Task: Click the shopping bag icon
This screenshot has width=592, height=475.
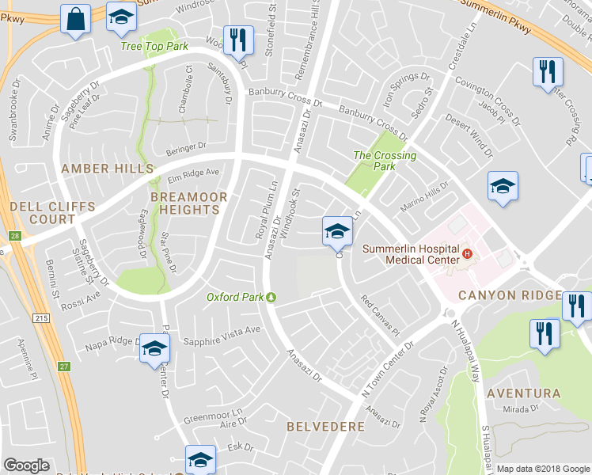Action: point(76,21)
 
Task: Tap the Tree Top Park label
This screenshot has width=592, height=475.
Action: point(154,47)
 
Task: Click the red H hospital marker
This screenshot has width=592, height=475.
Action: point(468,254)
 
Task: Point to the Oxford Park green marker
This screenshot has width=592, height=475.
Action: point(271,298)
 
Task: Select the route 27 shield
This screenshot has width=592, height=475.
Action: point(64,366)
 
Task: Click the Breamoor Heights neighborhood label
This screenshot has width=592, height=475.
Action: point(189,203)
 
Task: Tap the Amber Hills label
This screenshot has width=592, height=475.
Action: point(107,169)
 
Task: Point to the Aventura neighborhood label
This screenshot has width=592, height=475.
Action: point(523,393)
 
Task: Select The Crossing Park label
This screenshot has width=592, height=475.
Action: point(385,161)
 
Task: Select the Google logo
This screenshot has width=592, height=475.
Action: point(26,465)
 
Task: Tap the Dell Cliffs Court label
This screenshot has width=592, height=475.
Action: point(52,213)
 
